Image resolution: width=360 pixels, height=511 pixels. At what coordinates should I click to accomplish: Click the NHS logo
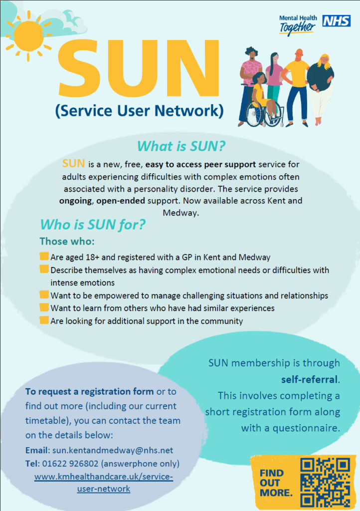pyautogui.click(x=337, y=21)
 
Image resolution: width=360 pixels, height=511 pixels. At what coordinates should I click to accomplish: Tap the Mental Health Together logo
pyautogui.click(x=298, y=25)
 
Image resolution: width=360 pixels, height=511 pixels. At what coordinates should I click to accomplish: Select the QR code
pyautogui.click(x=326, y=483)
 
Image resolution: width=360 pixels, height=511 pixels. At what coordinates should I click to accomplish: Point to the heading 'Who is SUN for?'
pyautogui.click(x=93, y=225)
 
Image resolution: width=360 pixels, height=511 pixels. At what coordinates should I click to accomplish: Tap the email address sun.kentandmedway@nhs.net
pyautogui.click(x=111, y=450)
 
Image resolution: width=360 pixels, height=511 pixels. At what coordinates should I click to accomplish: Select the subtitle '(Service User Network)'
pyautogui.click(x=139, y=111)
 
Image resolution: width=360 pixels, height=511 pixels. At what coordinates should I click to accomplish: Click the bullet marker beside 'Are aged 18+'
pyautogui.click(x=44, y=257)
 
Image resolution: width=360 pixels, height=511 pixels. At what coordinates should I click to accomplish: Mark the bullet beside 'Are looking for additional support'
pyautogui.click(x=44, y=320)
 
